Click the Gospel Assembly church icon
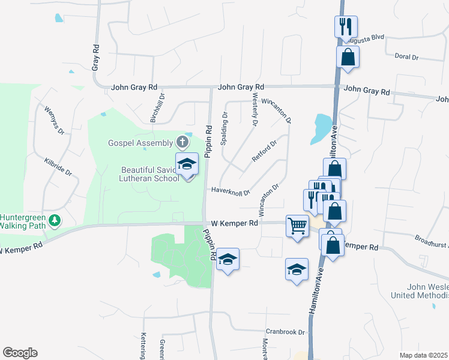click(x=182, y=142)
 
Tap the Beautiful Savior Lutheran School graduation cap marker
click(x=187, y=164)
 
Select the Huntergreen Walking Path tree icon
click(x=55, y=221)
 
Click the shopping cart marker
click(x=297, y=226)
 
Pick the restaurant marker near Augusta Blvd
click(x=346, y=27)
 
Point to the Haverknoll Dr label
click(x=231, y=191)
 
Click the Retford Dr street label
click(x=265, y=152)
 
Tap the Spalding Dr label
click(x=225, y=128)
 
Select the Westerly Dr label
click(x=255, y=110)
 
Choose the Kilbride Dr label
click(x=58, y=166)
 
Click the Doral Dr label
click(x=406, y=57)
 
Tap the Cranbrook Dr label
click(x=286, y=332)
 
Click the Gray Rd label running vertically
click(x=95, y=57)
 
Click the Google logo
click(x=20, y=353)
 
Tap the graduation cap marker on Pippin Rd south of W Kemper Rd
click(x=228, y=259)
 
